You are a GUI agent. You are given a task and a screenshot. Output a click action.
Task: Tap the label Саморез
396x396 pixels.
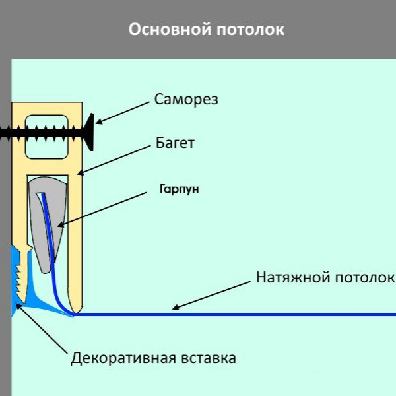click(186, 100)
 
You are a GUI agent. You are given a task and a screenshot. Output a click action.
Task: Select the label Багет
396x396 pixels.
click(175, 143)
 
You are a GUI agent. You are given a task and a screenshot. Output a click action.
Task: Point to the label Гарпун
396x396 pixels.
click(178, 189)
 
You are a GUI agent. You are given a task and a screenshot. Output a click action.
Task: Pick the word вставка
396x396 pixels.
click(207, 359)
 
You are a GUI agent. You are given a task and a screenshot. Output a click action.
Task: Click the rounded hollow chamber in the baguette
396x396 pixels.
click(47, 137)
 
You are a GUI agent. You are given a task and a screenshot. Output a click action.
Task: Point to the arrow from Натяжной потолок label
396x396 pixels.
click(211, 293)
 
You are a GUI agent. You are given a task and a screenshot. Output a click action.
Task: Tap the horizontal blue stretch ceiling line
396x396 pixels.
click(264, 314)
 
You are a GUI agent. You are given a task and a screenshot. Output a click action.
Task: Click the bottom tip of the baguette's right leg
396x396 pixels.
click(77, 310)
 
